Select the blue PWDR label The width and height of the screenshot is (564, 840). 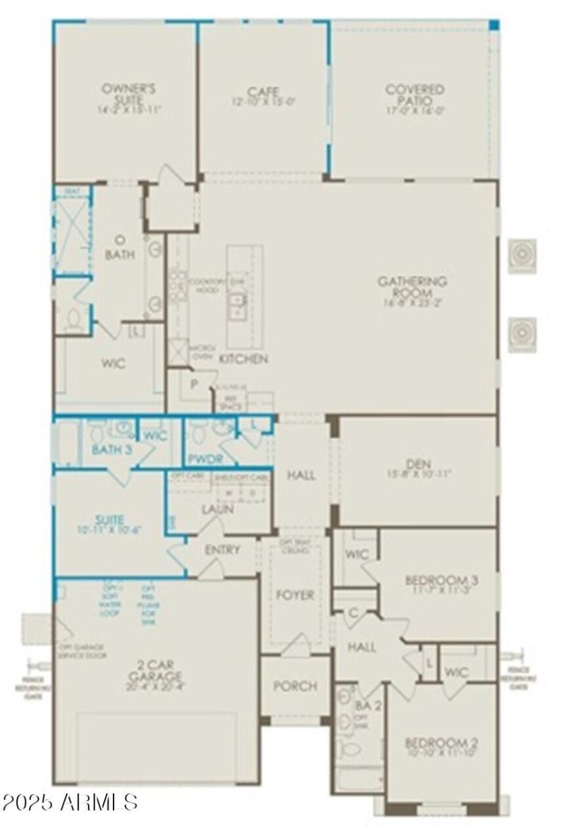click(x=205, y=458)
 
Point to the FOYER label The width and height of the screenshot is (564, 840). click(x=295, y=595)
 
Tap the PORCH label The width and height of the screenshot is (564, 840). click(x=295, y=686)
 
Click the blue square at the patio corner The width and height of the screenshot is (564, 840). click(x=494, y=25)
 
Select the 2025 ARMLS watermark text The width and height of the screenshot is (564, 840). click(x=70, y=803)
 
